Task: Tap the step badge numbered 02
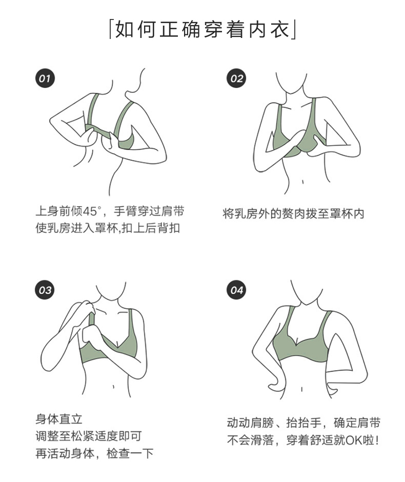coord(236,78)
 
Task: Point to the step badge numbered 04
coord(236,290)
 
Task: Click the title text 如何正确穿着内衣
coord(202,29)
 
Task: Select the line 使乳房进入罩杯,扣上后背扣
coord(107,228)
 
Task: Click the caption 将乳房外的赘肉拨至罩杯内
coord(293,213)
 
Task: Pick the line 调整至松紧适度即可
coord(88,436)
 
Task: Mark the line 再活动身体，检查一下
coord(94,454)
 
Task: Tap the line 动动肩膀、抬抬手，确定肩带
coord(303,423)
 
